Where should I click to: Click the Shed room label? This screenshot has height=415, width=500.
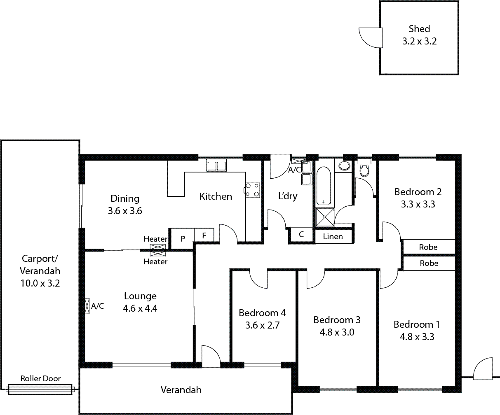[419, 29]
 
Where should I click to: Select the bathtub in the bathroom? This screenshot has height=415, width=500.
[324, 186]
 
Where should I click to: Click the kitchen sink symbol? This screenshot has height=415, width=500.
[216, 166]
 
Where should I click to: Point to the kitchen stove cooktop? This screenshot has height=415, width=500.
[253, 190]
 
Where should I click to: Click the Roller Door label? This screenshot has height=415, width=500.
[40, 378]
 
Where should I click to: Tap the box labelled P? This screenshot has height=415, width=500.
[182, 238]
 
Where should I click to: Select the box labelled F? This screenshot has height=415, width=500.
[204, 236]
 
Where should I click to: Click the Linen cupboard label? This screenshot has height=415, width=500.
[333, 237]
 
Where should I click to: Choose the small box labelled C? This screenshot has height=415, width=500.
[301, 235]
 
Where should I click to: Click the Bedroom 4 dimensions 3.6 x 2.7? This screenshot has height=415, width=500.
[263, 325]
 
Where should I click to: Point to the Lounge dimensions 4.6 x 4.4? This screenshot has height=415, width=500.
[140, 308]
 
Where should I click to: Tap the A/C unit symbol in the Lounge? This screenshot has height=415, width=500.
[87, 305]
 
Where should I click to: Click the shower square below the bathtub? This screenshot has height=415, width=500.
[325, 217]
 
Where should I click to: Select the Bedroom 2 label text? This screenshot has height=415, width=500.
[418, 192]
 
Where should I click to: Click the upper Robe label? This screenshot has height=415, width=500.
[428, 247]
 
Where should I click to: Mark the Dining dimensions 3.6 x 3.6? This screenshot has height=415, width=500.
[125, 211]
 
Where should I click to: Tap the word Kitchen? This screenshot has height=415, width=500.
[216, 196]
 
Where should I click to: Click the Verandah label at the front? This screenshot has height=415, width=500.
[181, 389]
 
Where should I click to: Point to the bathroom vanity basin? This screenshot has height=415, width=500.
[344, 166]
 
